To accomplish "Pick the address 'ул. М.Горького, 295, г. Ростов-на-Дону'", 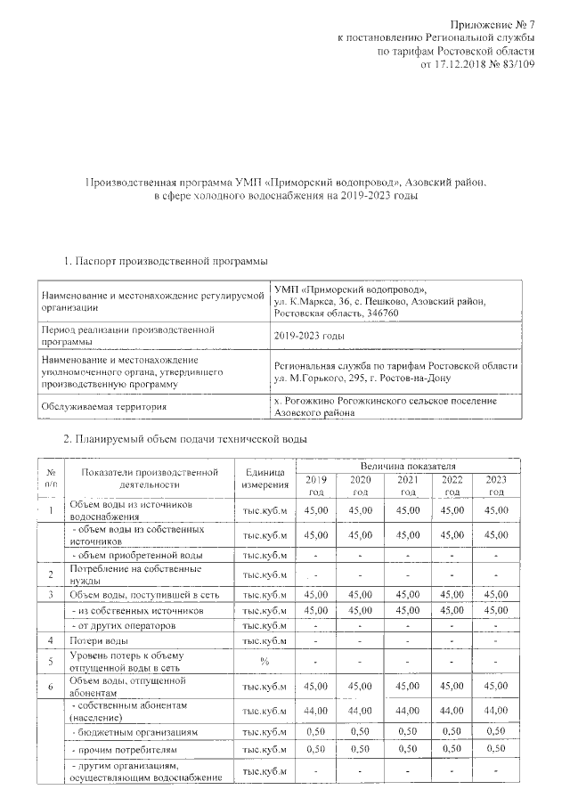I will [x=362, y=379].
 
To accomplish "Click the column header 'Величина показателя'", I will [x=408, y=466].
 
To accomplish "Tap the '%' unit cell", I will [x=265, y=661].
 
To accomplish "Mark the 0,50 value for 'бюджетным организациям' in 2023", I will [x=496, y=731].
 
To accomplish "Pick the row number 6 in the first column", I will [x=51, y=686].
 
